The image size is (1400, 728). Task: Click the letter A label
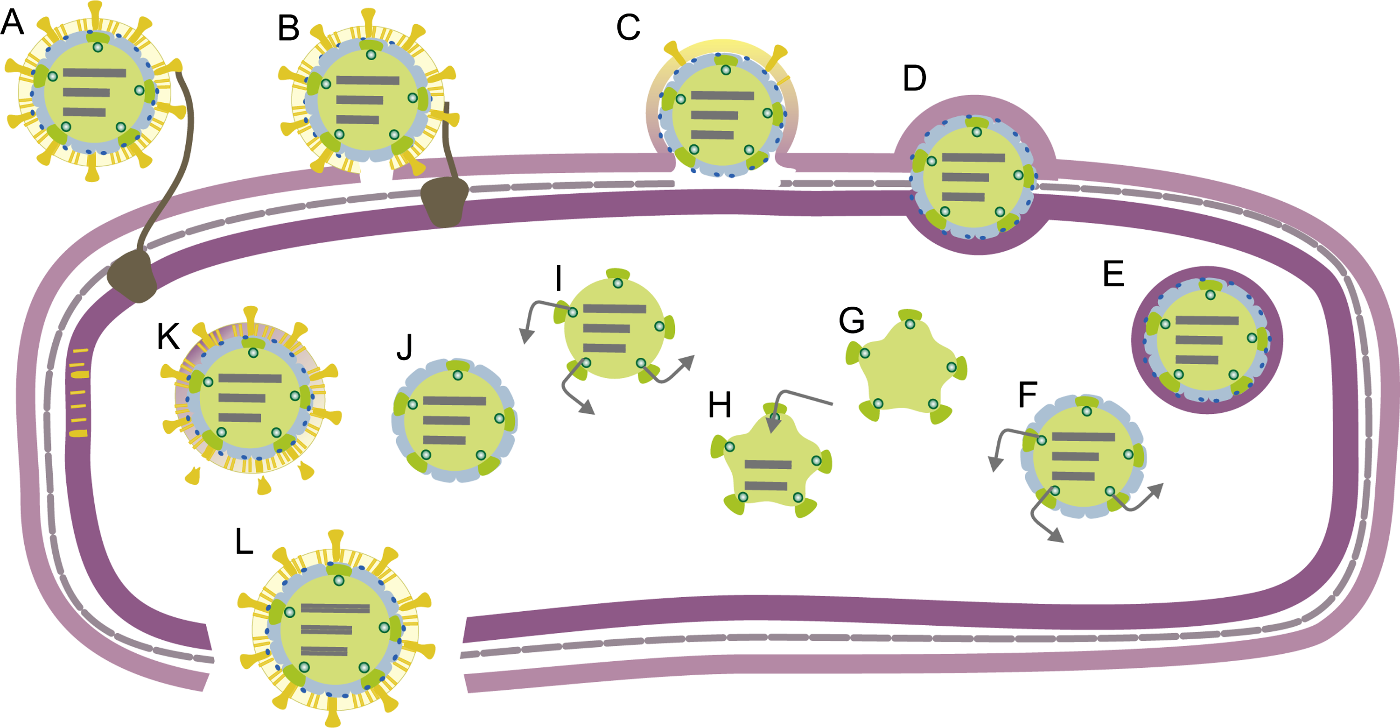12,23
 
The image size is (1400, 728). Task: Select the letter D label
914,79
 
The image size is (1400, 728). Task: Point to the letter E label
1113,274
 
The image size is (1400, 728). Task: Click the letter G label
851,321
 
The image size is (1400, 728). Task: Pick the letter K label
168,337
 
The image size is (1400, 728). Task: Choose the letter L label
244,542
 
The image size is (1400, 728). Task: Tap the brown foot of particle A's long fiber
132,276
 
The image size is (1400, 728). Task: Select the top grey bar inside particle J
455,401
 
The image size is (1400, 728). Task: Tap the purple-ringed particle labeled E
1206,340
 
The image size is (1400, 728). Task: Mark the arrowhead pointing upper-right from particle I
689,361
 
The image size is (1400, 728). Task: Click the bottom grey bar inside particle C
712,135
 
